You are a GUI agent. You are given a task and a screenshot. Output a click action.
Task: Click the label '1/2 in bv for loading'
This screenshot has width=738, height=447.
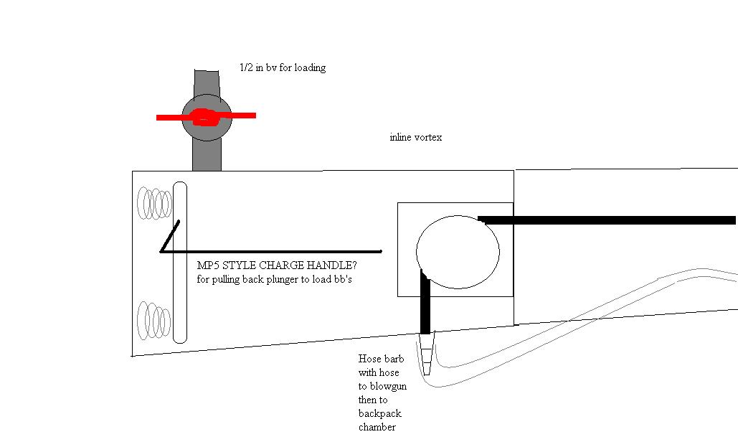(283, 67)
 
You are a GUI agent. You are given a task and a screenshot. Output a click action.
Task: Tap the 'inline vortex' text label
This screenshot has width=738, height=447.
(415, 137)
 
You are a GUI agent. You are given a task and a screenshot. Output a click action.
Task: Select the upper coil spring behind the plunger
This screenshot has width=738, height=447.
(155, 203)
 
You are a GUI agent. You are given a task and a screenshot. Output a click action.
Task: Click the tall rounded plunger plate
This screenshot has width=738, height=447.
(180, 263)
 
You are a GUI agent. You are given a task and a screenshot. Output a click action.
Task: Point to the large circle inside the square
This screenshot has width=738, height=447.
(458, 252)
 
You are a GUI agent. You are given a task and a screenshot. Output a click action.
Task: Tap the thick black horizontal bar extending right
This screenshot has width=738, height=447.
(607, 220)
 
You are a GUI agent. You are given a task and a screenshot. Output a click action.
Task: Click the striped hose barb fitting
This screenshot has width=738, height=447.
(427, 355)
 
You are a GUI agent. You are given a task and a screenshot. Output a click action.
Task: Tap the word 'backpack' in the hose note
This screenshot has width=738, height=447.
(380, 414)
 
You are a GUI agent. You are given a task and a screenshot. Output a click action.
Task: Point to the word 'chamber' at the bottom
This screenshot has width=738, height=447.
(377, 428)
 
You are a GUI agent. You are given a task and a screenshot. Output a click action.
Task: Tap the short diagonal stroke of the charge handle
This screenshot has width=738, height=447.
(170, 237)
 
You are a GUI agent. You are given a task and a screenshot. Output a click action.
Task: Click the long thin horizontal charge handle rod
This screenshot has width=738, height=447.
(273, 252)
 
